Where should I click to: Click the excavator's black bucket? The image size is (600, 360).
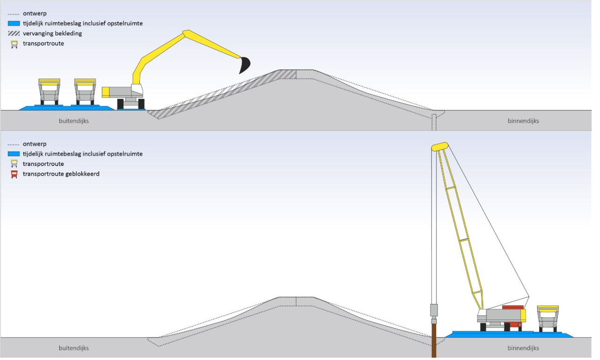pyautogui.click(x=244, y=66)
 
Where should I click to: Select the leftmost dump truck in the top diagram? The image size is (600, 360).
pyautogui.click(x=49, y=91)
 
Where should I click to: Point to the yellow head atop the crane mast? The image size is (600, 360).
pyautogui.click(x=440, y=147)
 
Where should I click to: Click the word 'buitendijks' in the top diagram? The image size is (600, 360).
pyautogui.click(x=74, y=121)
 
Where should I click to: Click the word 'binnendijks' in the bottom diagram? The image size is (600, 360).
pyautogui.click(x=523, y=348)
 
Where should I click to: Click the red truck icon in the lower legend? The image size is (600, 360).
pyautogui.click(x=14, y=174)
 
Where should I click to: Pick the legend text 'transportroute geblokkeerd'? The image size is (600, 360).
pyautogui.click(x=61, y=174)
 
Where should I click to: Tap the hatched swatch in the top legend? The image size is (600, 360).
pyautogui.click(x=14, y=34)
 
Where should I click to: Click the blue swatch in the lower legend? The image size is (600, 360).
pyautogui.click(x=14, y=154)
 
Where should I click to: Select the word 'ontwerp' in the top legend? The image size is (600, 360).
pyautogui.click(x=34, y=14)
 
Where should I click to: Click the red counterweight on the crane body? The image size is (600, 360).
pyautogui.click(x=512, y=307)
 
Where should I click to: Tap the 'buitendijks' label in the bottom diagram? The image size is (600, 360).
pyautogui.click(x=74, y=348)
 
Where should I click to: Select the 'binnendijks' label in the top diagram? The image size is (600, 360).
pyautogui.click(x=523, y=121)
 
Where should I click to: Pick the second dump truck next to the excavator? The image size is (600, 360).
pyautogui.click(x=85, y=91)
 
